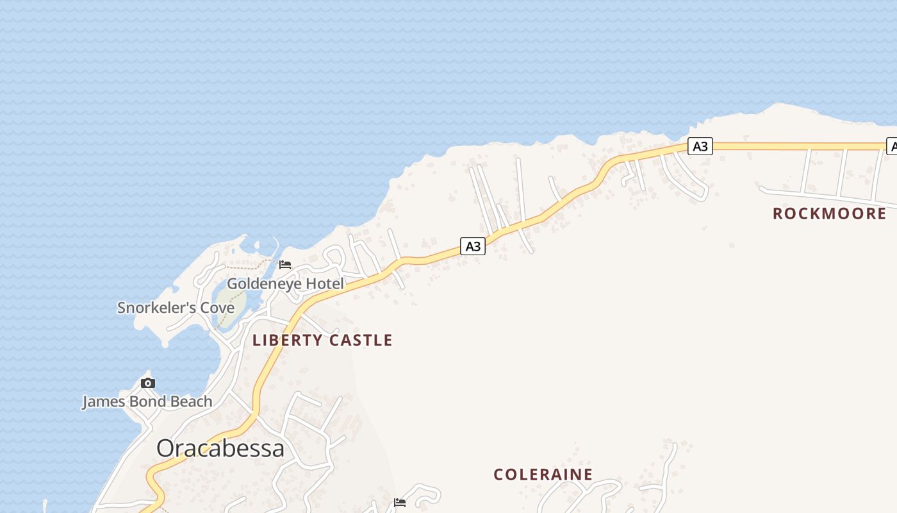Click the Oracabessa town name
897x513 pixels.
(x=220, y=448)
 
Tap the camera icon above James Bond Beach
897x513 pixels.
(x=148, y=383)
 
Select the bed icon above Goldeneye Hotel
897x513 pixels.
(x=285, y=264)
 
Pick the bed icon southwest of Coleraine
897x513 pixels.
(x=400, y=502)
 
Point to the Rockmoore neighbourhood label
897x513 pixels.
(x=829, y=214)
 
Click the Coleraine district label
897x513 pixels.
(x=543, y=475)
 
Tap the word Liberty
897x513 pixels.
(x=285, y=341)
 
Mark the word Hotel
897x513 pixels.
(x=324, y=283)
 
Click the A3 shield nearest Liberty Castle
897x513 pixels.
(x=472, y=246)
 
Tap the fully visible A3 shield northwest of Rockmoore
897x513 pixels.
(x=700, y=146)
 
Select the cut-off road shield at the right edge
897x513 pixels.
(x=891, y=146)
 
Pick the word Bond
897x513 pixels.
(x=148, y=402)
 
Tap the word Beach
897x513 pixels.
(x=191, y=402)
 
